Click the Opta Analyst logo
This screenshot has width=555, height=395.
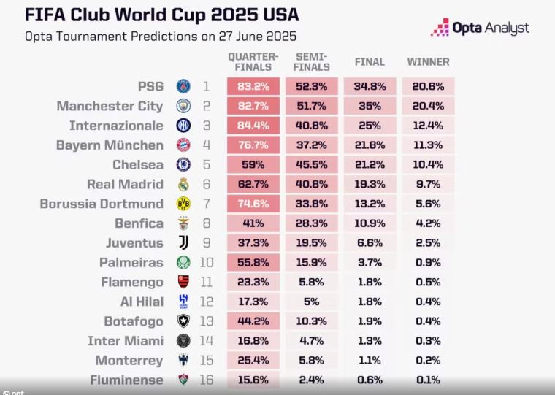(481, 28)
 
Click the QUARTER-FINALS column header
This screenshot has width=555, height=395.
(253, 62)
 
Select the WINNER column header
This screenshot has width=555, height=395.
(428, 62)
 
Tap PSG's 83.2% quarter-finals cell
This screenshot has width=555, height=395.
(253, 86)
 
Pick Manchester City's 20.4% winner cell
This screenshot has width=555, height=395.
(428, 106)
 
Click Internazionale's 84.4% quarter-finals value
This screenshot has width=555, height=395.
(253, 126)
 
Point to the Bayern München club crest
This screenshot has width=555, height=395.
(183, 145)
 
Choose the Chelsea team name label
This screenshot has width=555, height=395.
(138, 165)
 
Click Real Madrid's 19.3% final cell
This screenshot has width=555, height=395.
(370, 184)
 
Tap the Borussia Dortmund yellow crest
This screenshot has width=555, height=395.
(183, 204)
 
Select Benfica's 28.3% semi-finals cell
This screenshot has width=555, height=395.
(312, 223)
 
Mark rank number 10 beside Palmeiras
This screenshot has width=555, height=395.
(206, 262)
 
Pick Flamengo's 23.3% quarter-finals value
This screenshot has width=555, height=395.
(253, 282)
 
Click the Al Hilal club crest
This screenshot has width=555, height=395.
(183, 302)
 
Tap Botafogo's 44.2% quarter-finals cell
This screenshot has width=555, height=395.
(253, 321)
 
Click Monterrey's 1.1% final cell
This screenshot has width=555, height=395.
(370, 361)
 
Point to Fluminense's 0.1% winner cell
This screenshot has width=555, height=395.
(428, 380)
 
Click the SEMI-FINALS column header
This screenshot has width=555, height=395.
(312, 62)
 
